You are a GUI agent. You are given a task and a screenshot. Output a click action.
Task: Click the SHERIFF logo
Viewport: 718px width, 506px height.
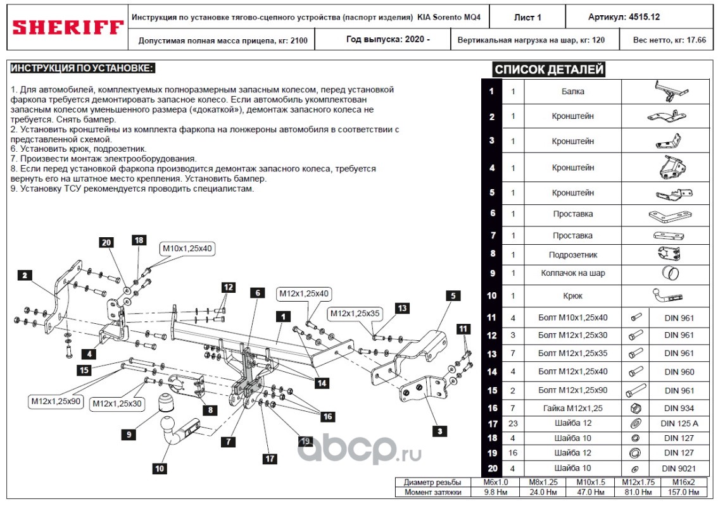pos(68,27)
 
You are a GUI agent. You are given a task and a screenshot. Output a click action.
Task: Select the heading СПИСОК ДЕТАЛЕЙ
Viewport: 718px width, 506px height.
pos(549,70)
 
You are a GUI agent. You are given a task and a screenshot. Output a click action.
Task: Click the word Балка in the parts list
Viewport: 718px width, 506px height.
pos(572,92)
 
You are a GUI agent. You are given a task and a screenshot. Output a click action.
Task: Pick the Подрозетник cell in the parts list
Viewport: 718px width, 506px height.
pos(572,255)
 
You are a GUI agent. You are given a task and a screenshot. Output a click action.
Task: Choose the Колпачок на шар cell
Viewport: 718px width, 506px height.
pos(572,273)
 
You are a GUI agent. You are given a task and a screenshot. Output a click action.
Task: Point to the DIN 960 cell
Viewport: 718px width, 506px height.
pos(679,372)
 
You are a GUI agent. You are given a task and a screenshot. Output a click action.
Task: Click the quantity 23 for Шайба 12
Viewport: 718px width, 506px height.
pos(513,423)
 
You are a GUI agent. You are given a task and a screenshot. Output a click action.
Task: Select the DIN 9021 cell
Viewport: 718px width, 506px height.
pos(679,468)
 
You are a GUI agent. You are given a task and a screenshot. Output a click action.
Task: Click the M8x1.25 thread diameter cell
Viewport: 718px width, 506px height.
pos(542,482)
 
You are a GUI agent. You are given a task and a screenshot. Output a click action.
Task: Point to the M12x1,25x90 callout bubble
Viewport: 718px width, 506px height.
pos(56,400)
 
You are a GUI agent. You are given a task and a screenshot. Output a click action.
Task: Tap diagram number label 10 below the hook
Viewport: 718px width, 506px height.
pos(160,469)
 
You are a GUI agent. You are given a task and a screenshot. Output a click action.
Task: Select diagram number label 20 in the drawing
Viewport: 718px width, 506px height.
pos(106,242)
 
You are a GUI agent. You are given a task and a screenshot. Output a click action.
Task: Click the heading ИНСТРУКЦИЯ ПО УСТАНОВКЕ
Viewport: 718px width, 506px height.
pos(83,68)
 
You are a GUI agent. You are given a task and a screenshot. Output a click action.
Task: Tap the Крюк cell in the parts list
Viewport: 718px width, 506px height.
pos(572,296)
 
